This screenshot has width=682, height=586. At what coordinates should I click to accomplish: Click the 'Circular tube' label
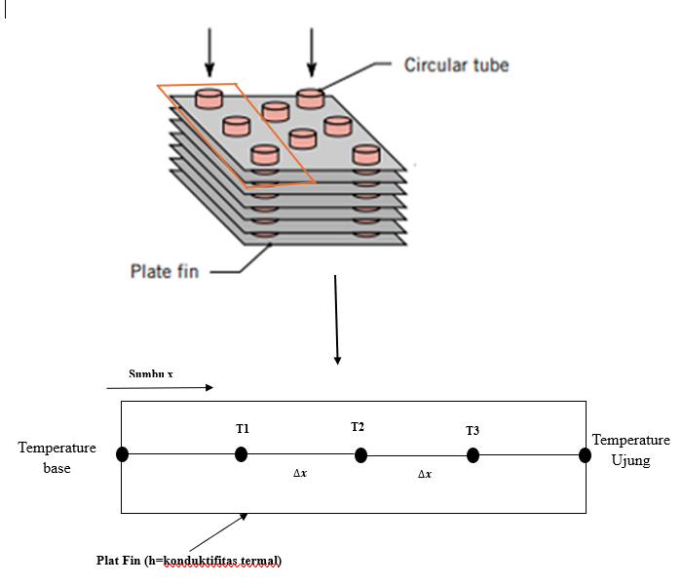[456, 65]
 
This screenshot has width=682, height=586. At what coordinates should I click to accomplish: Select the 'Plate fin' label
[164, 270]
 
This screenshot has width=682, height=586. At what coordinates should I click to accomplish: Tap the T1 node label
[243, 429]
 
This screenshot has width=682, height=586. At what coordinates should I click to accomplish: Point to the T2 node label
[358, 427]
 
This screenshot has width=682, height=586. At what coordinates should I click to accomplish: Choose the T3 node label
[473, 430]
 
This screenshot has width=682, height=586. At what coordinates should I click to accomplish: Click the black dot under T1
[241, 454]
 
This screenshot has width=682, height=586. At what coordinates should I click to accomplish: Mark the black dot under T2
[360, 455]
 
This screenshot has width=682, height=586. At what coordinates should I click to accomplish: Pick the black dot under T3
[473, 454]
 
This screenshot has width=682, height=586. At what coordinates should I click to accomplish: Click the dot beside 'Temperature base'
[122, 454]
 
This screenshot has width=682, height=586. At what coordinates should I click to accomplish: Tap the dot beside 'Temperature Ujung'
[585, 454]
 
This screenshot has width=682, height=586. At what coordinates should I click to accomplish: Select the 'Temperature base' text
[57, 457]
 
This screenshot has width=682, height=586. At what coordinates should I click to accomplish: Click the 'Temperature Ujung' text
[630, 449]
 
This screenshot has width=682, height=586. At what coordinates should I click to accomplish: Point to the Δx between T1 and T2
[302, 473]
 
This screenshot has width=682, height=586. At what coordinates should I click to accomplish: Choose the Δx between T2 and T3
[425, 473]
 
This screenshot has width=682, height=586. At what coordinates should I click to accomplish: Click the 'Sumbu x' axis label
[150, 373]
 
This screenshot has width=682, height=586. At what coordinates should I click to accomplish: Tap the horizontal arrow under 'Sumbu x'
[170, 388]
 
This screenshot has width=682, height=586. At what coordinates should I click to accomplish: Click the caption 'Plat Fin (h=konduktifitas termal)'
[188, 561]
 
